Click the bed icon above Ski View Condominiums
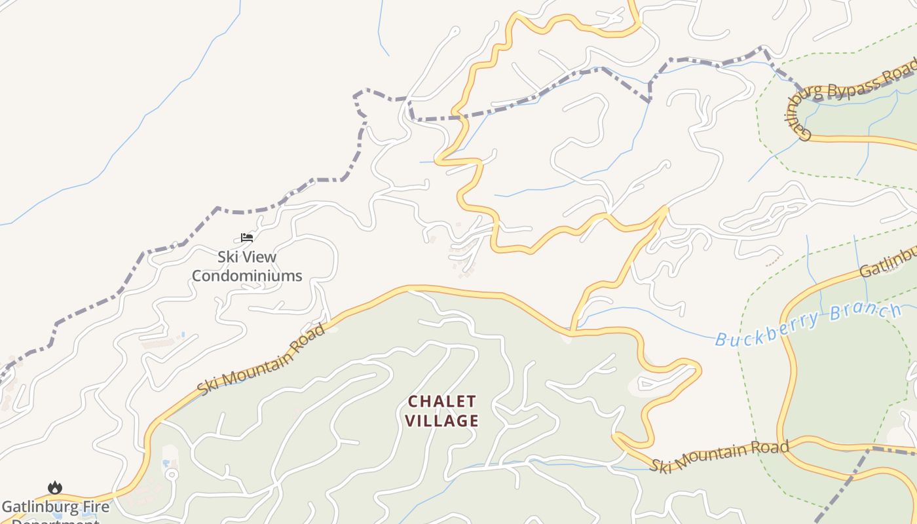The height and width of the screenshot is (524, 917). (247, 237)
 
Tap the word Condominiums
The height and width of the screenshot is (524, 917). (247, 276)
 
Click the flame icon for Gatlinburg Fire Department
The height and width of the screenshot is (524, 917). (55, 488)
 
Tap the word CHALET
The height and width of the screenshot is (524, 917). (442, 401)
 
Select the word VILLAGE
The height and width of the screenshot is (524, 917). (442, 421)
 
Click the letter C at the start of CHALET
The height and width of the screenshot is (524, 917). (413, 401)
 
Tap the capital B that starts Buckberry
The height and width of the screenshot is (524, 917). (720, 339)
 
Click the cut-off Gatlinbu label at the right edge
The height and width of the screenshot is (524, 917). (888, 262)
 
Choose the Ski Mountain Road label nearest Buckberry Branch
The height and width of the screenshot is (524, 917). (719, 456)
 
